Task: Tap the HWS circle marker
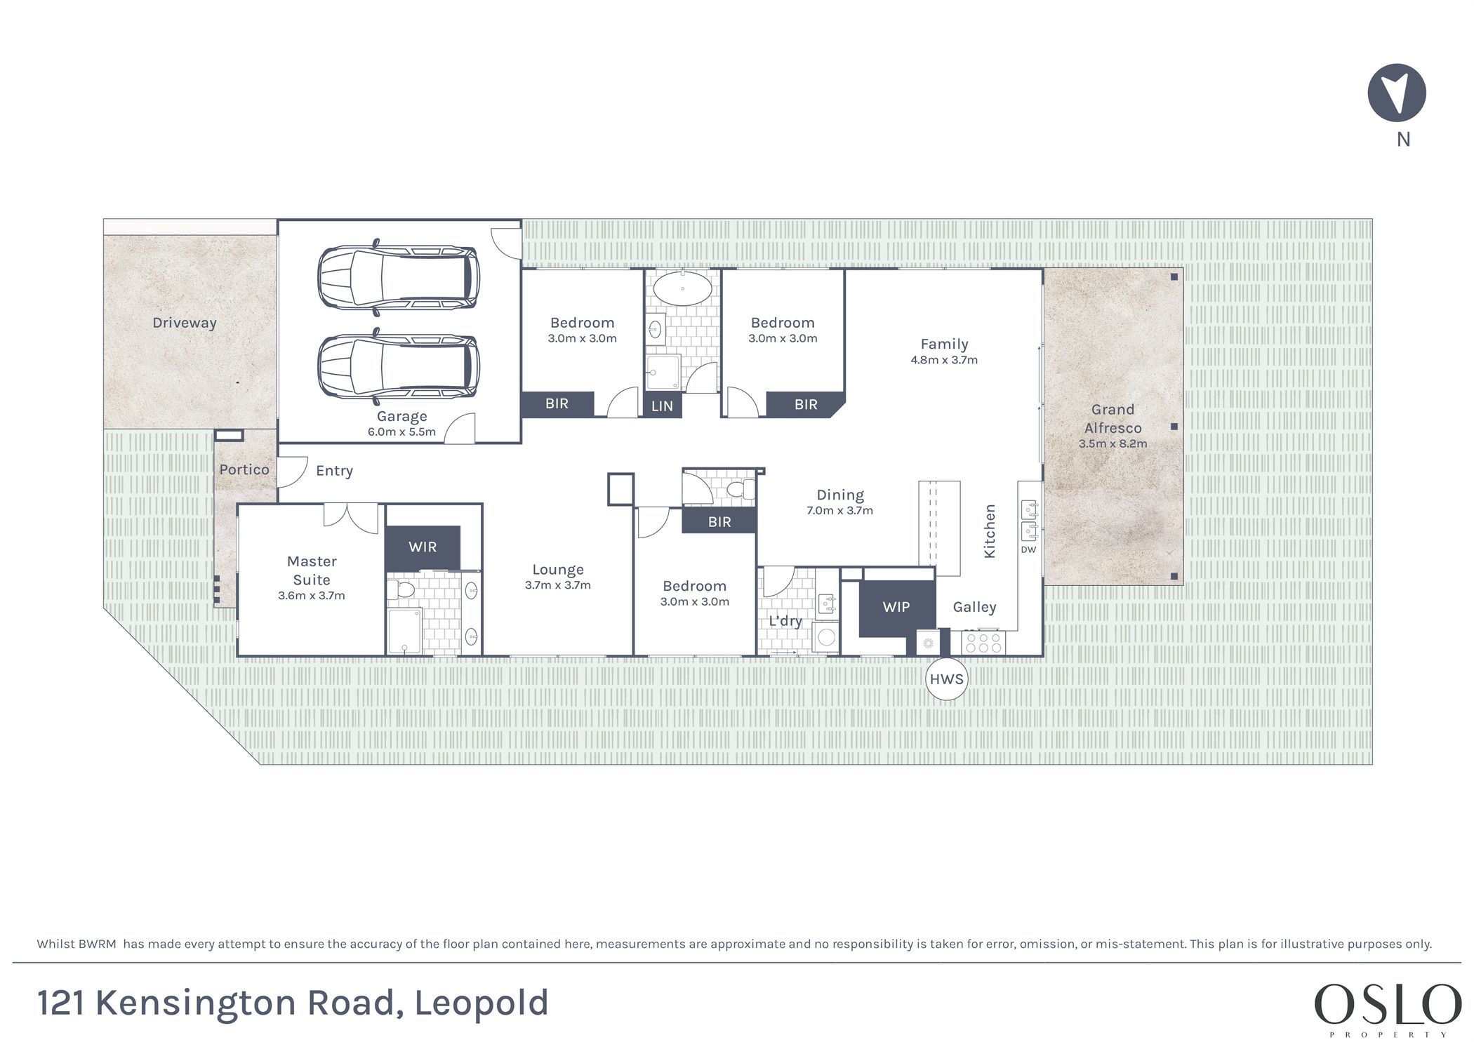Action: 946,679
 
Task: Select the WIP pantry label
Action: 896,607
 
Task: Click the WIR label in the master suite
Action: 423,547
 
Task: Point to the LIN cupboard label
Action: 662,406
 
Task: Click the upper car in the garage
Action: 399,277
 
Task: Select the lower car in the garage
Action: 399,366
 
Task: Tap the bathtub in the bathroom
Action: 682,288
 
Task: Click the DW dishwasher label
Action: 1028,549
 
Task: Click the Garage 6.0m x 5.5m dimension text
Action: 401,432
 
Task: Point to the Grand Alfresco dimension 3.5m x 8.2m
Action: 1113,443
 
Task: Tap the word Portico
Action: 244,469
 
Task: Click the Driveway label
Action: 185,323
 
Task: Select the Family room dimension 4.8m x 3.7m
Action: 944,360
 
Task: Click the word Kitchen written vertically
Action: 990,531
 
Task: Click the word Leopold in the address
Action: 482,1003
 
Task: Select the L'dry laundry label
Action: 785,621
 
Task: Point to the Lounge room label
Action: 558,570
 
